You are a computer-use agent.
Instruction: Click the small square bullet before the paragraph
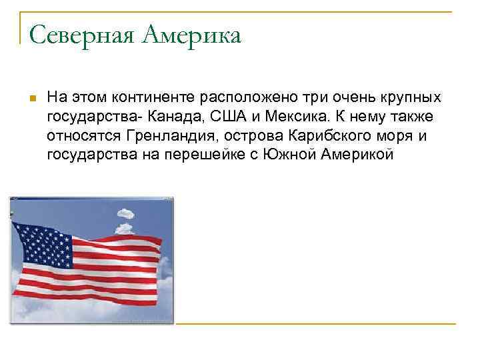(x=31, y=99)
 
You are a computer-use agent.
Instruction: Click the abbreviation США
(x=228, y=117)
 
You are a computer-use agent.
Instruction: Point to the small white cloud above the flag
(x=125, y=215)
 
